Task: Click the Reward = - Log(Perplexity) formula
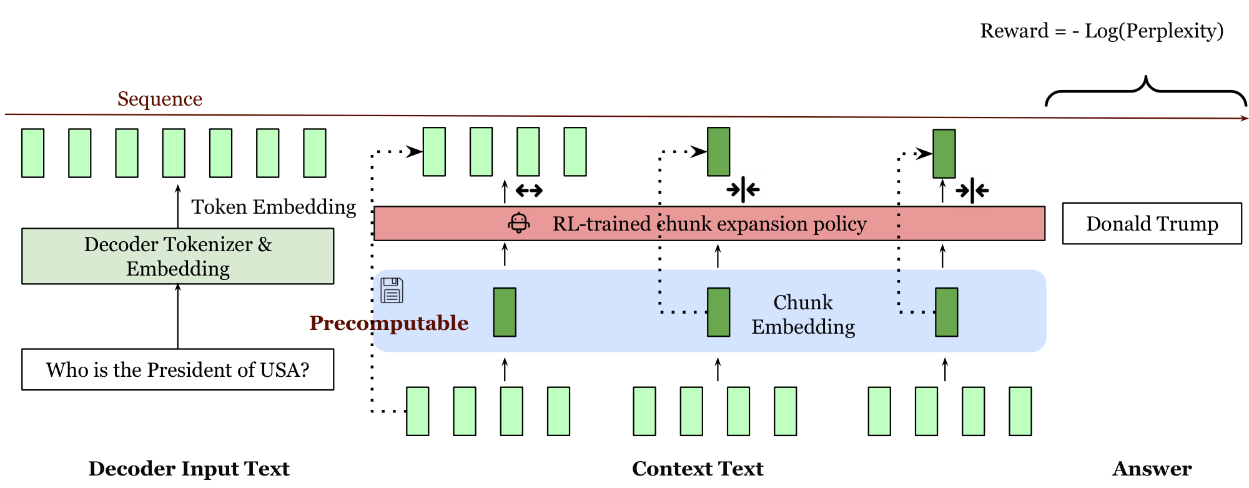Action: tap(1102, 31)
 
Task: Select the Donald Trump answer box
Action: tap(1152, 224)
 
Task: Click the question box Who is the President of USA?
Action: tap(177, 370)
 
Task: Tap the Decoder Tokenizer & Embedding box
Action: tap(177, 256)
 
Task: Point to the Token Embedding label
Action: tap(274, 207)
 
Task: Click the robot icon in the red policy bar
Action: tap(519, 223)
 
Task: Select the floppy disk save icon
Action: tap(392, 291)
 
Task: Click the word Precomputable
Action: tap(388, 323)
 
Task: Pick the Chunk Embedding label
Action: tap(803, 314)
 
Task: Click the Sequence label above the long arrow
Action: tap(160, 99)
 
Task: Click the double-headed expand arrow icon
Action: tap(529, 190)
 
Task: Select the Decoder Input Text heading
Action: tap(189, 469)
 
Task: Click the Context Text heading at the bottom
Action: tap(698, 469)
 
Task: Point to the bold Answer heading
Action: tap(1152, 469)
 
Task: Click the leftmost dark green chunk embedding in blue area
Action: tap(505, 312)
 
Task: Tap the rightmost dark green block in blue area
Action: tap(946, 312)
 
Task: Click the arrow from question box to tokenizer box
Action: tap(178, 316)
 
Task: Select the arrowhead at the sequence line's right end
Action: tap(1244, 118)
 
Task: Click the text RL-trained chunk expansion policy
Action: tap(709, 224)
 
